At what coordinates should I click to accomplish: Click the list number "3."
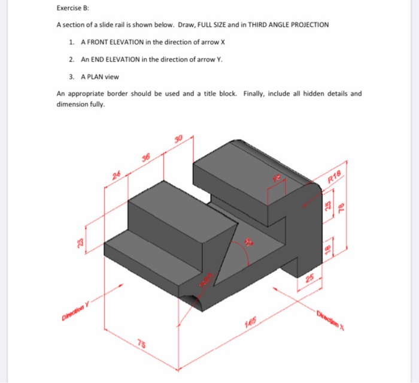[71, 77]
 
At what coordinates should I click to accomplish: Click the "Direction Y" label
[73, 310]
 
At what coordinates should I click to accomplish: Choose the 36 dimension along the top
[145, 157]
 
